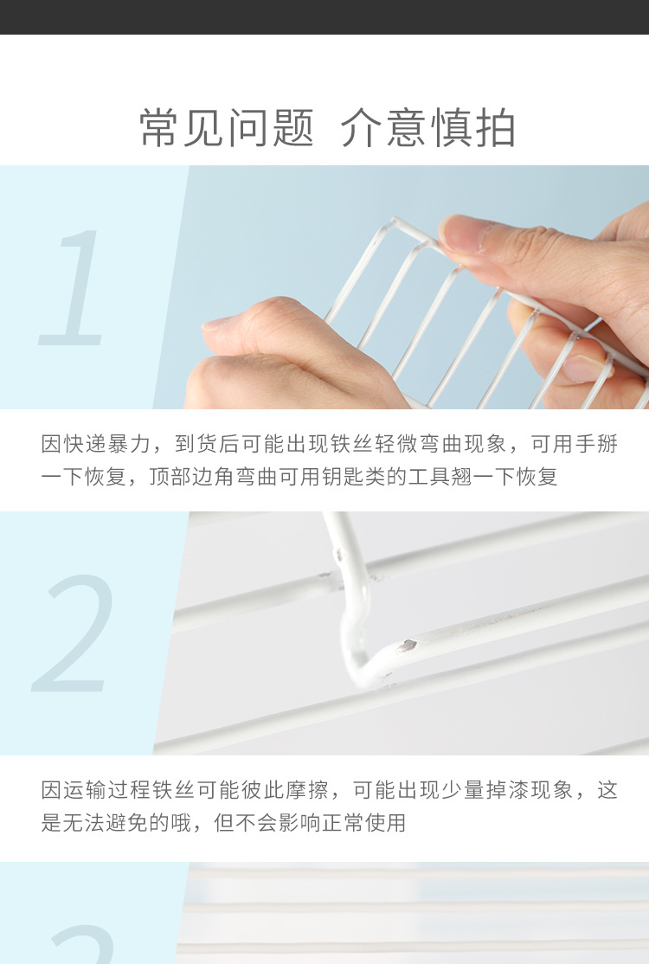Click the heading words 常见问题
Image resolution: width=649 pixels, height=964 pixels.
pos(227,128)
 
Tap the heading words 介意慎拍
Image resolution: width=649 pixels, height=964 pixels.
pos(427,128)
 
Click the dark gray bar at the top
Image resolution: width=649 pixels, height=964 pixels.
pos(324,16)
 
